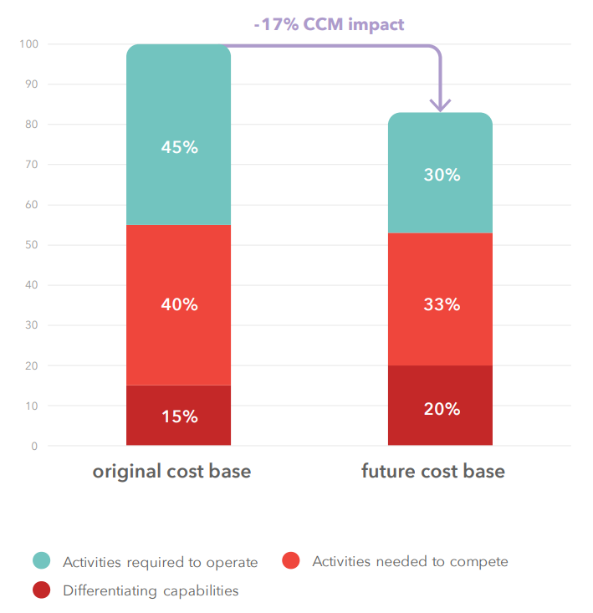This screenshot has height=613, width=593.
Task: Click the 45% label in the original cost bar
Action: tap(179, 147)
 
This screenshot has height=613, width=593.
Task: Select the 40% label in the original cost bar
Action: tap(179, 304)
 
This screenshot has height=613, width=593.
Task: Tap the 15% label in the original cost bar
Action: tap(179, 416)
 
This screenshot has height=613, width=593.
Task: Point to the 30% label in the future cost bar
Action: tap(441, 175)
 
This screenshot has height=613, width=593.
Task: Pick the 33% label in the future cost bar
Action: tap(441, 304)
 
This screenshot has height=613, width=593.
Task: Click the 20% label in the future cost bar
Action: tap(441, 409)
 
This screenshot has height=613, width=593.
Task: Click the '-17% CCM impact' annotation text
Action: tap(329, 24)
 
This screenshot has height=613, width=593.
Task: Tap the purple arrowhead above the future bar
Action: tap(440, 104)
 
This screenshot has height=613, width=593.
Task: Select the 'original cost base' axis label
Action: tap(171, 472)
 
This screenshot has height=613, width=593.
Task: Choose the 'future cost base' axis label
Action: tap(433, 472)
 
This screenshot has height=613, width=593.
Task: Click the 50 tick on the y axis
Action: tap(32, 245)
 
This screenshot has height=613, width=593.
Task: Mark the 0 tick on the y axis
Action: tap(34, 446)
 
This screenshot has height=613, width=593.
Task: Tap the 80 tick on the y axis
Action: tap(32, 124)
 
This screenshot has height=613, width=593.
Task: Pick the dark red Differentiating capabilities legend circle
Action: tap(42, 590)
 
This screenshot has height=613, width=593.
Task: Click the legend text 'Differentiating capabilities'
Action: tap(151, 590)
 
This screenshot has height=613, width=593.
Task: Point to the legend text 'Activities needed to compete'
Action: tap(410, 561)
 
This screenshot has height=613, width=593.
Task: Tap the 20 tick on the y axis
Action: tap(32, 365)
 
